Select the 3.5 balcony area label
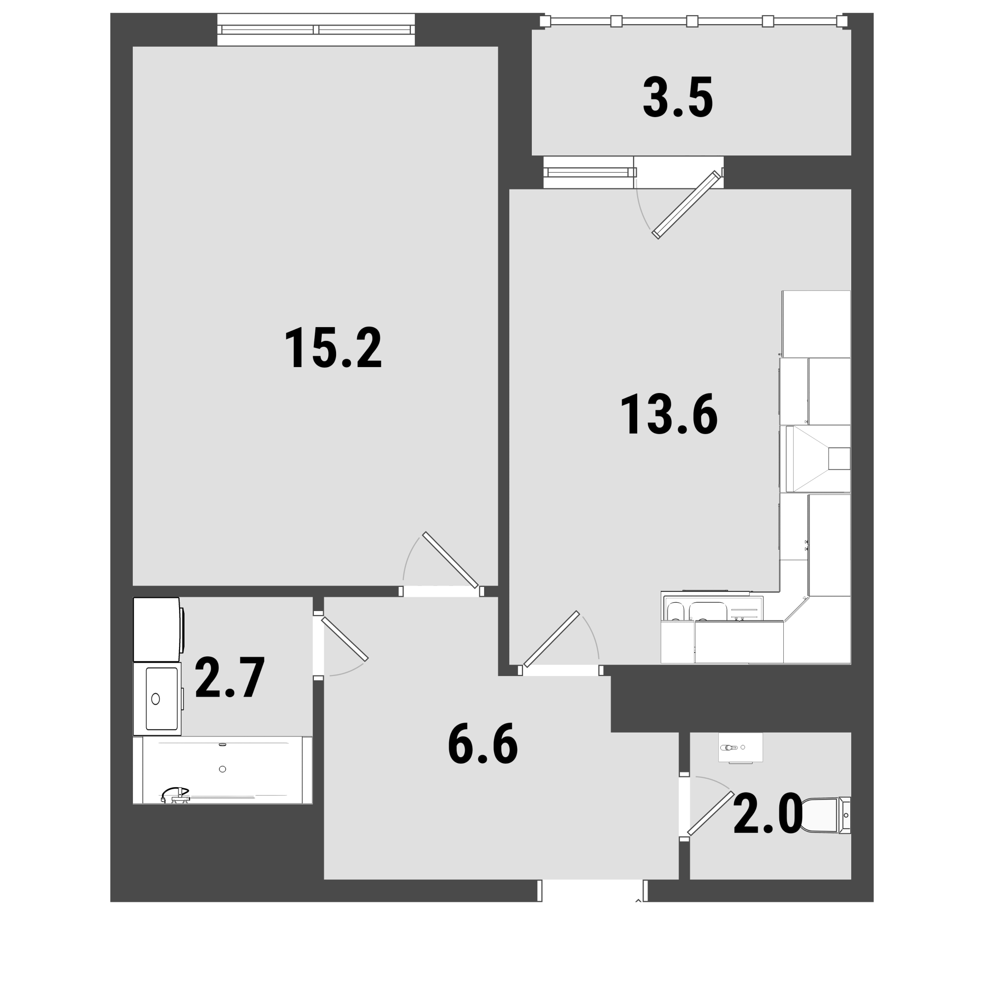click(677, 97)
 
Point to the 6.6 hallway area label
click(482, 743)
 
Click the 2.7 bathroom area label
click(230, 677)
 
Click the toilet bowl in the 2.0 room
click(826, 815)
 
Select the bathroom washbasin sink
click(157, 699)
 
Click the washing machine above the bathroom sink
click(158, 630)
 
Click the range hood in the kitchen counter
click(817, 459)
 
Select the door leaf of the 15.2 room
click(450, 560)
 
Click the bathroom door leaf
click(344, 639)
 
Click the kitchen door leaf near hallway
click(552, 639)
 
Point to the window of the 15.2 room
click(316, 30)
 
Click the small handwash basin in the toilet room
click(740, 748)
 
